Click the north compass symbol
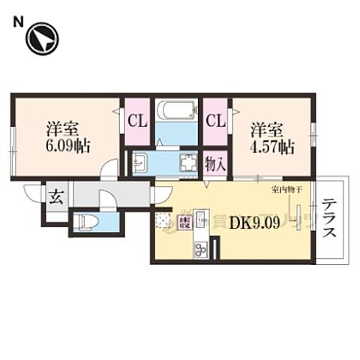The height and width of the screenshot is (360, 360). tap(42, 38)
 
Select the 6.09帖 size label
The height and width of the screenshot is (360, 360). tap(67, 145)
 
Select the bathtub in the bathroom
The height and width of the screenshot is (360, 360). tap(176, 113)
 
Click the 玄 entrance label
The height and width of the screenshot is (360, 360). tap(56, 199)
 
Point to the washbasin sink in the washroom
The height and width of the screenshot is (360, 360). tap(139, 163)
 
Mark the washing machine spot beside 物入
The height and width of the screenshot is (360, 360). tap(187, 163)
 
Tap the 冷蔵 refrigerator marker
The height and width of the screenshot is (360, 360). tap(183, 222)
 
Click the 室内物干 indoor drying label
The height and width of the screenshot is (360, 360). tap(286, 191)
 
